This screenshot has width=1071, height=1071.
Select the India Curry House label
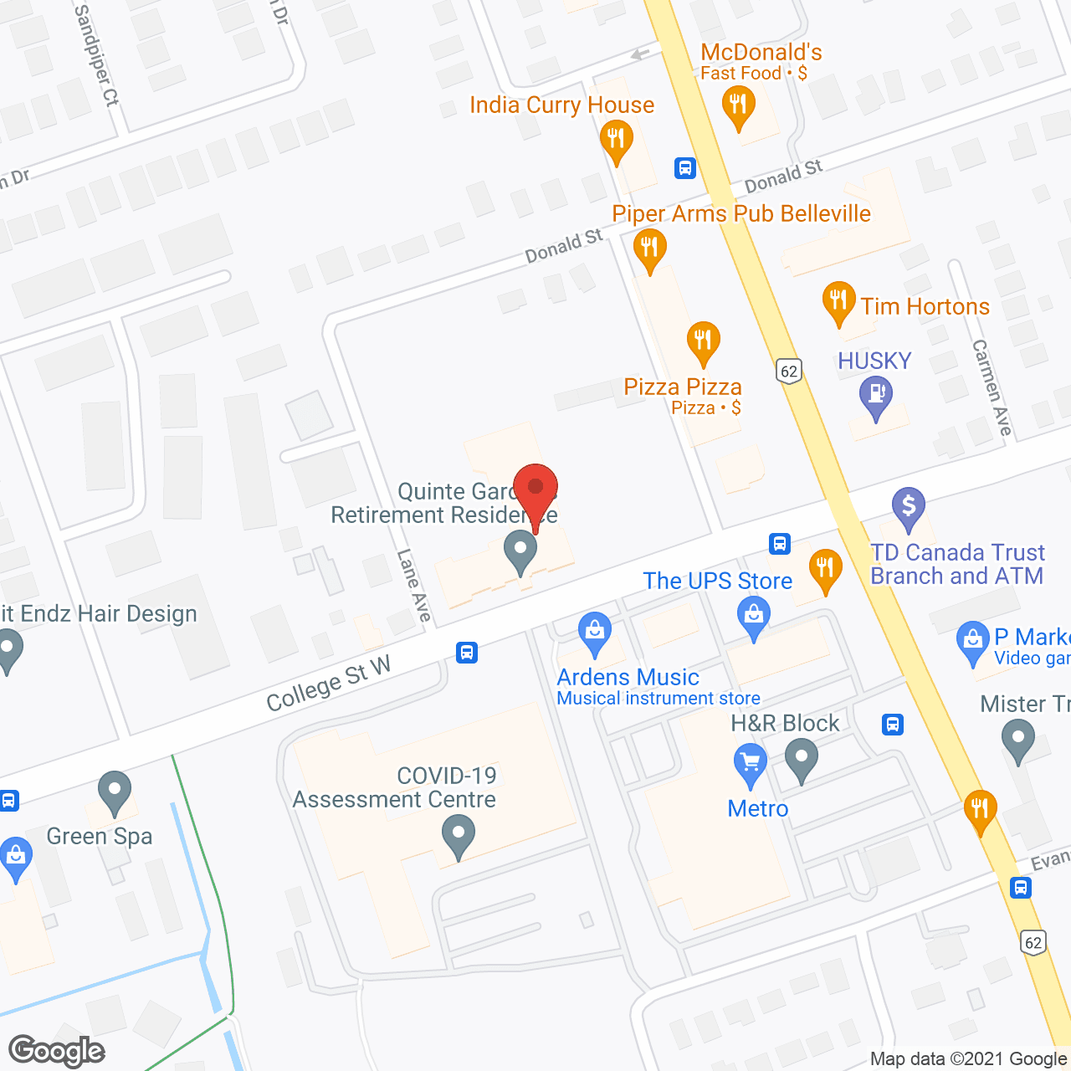(x=561, y=105)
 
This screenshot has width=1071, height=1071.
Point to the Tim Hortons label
(x=925, y=306)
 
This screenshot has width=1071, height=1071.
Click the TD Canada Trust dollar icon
(x=909, y=506)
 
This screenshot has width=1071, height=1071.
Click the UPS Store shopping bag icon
(x=754, y=617)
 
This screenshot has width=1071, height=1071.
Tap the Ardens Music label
(x=628, y=677)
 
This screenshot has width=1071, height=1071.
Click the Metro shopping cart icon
(x=750, y=763)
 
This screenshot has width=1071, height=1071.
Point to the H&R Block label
(x=785, y=723)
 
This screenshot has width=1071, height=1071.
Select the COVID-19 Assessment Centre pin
(x=458, y=835)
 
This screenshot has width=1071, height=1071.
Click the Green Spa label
(x=100, y=836)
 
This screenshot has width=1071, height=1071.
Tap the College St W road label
(x=328, y=684)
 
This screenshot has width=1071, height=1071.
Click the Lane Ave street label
(x=413, y=586)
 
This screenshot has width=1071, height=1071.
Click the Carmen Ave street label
(x=992, y=387)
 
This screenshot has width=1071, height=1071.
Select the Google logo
(x=56, y=1051)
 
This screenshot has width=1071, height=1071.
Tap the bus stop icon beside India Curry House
(x=685, y=168)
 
